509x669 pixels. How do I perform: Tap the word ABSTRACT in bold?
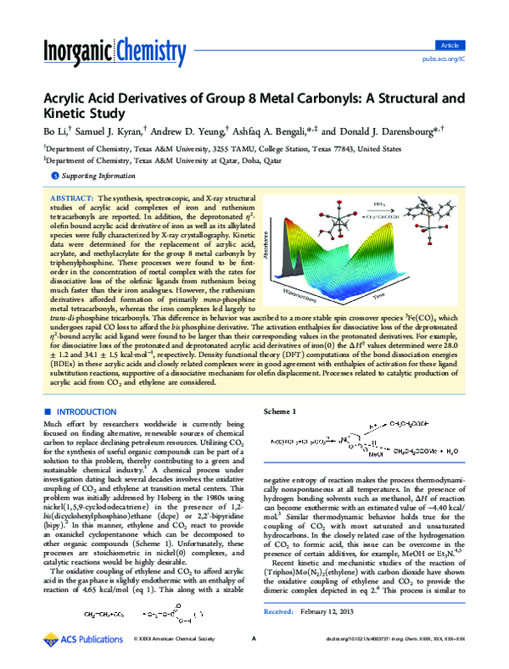[x=82, y=197]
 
